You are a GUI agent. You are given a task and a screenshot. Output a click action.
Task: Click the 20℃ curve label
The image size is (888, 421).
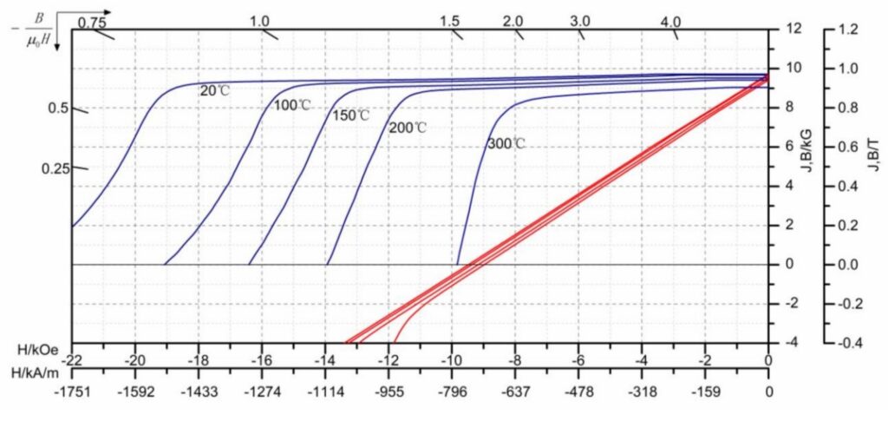coord(213,89)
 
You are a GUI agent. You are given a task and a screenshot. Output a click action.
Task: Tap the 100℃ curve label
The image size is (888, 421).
coord(292,105)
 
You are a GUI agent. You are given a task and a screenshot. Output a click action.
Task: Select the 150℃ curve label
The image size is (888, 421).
coord(350,115)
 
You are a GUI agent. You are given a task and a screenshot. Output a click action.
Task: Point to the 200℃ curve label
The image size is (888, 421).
coord(408,128)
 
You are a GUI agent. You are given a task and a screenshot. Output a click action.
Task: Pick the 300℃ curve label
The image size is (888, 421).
coord(506,144)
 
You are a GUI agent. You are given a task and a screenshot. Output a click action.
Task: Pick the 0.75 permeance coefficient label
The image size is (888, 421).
coord(91,22)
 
